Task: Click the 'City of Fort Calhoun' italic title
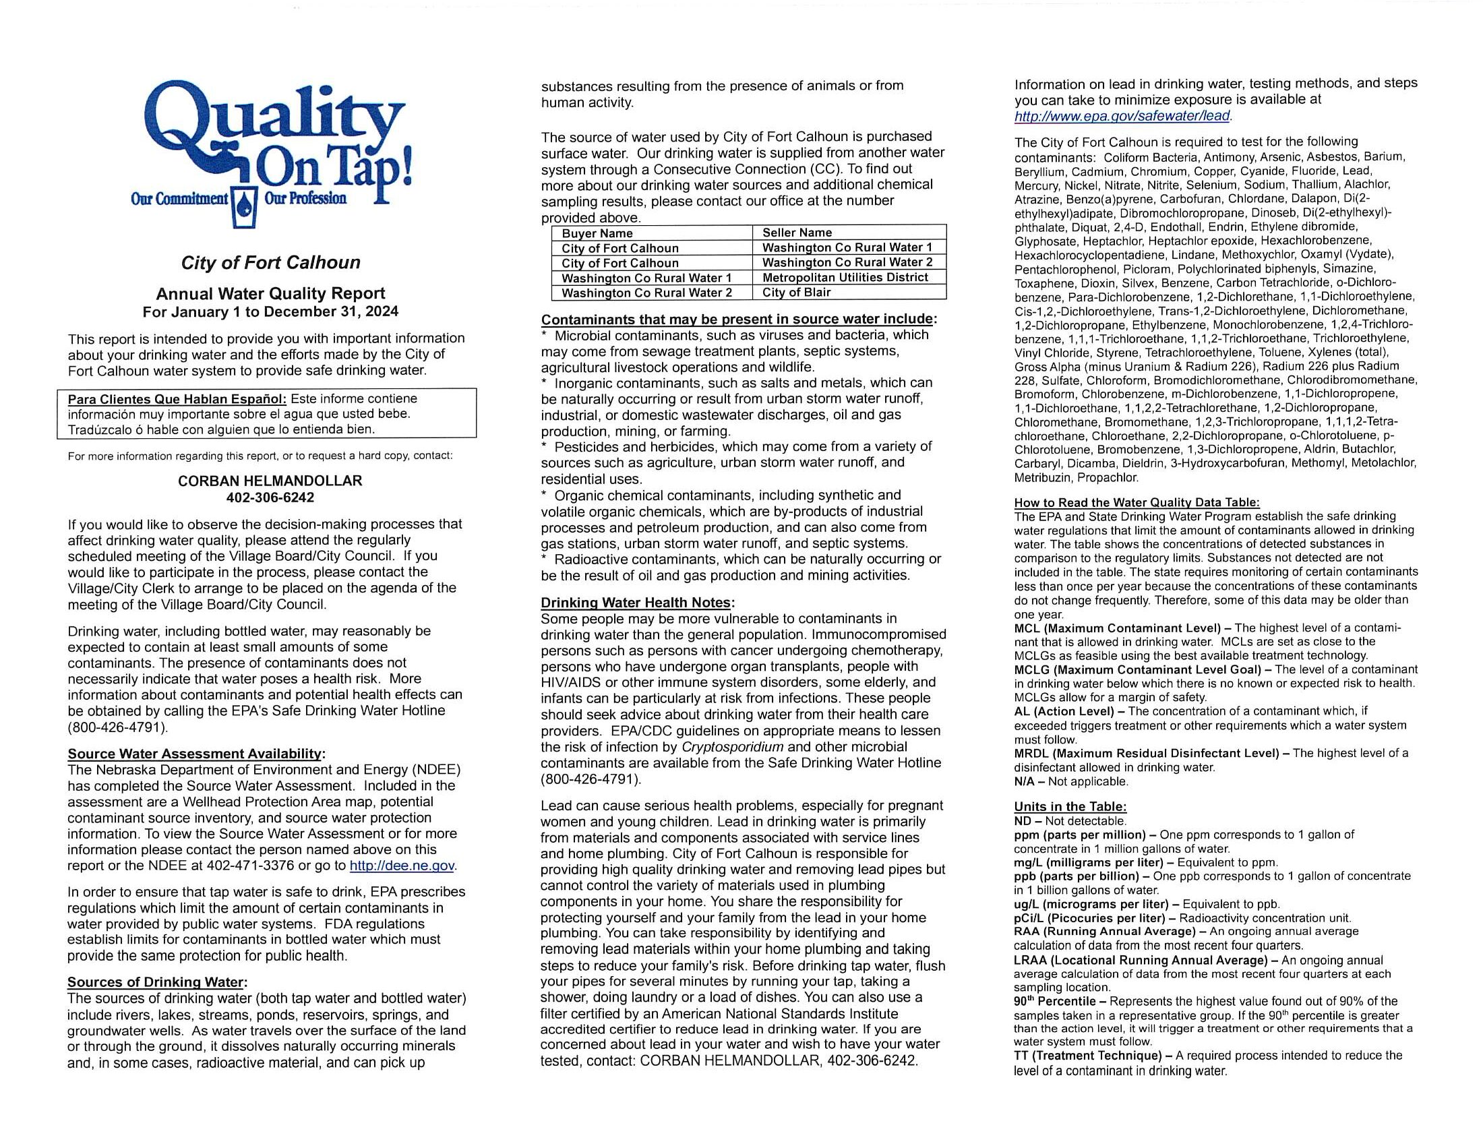[x=270, y=263]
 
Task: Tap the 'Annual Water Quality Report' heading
[x=270, y=293]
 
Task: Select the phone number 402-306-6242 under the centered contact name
[x=270, y=497]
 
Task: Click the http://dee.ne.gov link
[x=402, y=866]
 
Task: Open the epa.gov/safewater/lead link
[x=1122, y=116]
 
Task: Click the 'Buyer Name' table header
[x=597, y=233]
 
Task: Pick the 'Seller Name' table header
[x=797, y=233]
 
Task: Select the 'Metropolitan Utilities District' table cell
[x=845, y=278]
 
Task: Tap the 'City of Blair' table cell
[x=796, y=293]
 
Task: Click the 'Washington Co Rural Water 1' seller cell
[x=847, y=248]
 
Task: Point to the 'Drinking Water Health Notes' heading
[x=637, y=603]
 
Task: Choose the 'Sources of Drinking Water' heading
[x=156, y=982]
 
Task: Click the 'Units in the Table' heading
[x=1070, y=807]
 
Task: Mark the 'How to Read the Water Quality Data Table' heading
[x=1136, y=503]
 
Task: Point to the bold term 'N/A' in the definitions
[x=1025, y=781]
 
